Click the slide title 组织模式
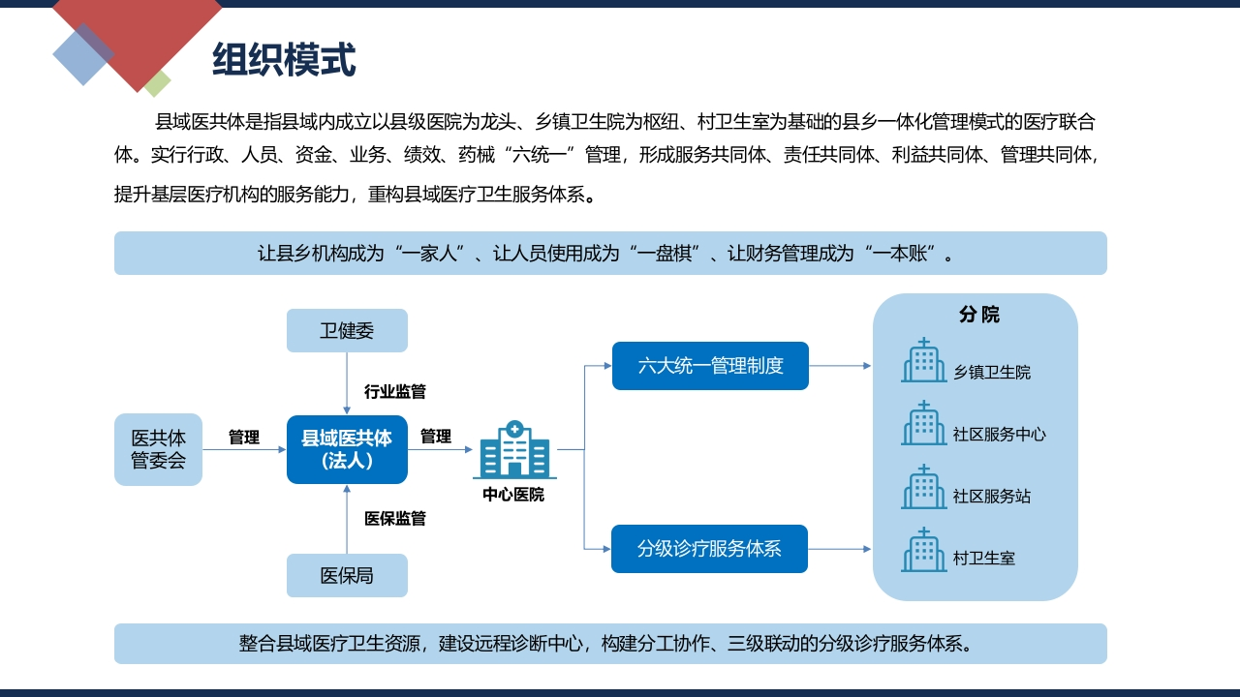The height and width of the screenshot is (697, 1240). coord(284,59)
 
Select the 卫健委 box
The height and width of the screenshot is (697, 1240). coord(347,330)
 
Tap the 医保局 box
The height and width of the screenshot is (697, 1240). coord(347,575)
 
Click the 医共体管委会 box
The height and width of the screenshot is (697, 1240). coord(158,449)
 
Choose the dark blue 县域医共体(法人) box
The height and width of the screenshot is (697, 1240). coord(347,449)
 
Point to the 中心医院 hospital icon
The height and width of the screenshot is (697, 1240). coord(514,449)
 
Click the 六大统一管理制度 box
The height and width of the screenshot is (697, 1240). coord(710,366)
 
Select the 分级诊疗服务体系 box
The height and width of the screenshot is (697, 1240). coord(709,549)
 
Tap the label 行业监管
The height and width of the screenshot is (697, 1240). coord(394,392)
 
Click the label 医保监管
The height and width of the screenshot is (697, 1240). coord(394,518)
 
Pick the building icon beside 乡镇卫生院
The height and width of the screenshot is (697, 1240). coord(923,360)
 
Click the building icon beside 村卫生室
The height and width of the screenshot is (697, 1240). coord(923,550)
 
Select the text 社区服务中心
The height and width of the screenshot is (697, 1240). coord(999,435)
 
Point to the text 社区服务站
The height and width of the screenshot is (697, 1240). coord(991,497)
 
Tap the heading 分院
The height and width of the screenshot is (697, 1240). coord(978,315)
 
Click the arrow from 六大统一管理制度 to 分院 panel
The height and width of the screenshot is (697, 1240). coord(840,366)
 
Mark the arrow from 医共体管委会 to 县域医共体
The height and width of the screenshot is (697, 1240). coord(244,449)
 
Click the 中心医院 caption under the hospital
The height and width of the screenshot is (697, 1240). coord(513,494)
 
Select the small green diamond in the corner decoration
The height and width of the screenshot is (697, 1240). coord(157,83)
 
